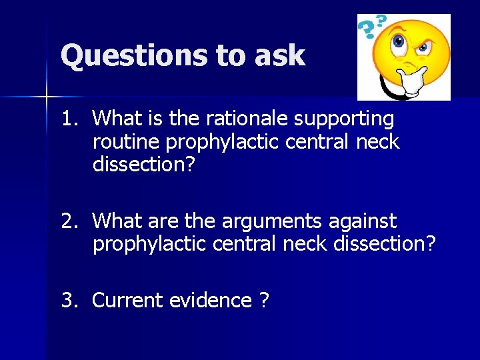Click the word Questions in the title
133,56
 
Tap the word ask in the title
279,56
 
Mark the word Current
128,301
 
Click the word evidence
211,301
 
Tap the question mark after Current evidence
264,301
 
